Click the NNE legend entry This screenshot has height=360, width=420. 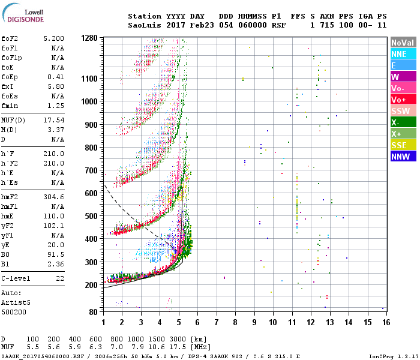point(403,54)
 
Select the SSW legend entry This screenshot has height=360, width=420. point(403,111)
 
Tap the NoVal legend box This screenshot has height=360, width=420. point(403,43)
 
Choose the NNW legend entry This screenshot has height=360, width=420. point(403,157)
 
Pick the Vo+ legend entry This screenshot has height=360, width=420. point(403,100)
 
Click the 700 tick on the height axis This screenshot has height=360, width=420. point(91,170)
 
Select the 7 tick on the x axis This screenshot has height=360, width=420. point(216,322)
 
